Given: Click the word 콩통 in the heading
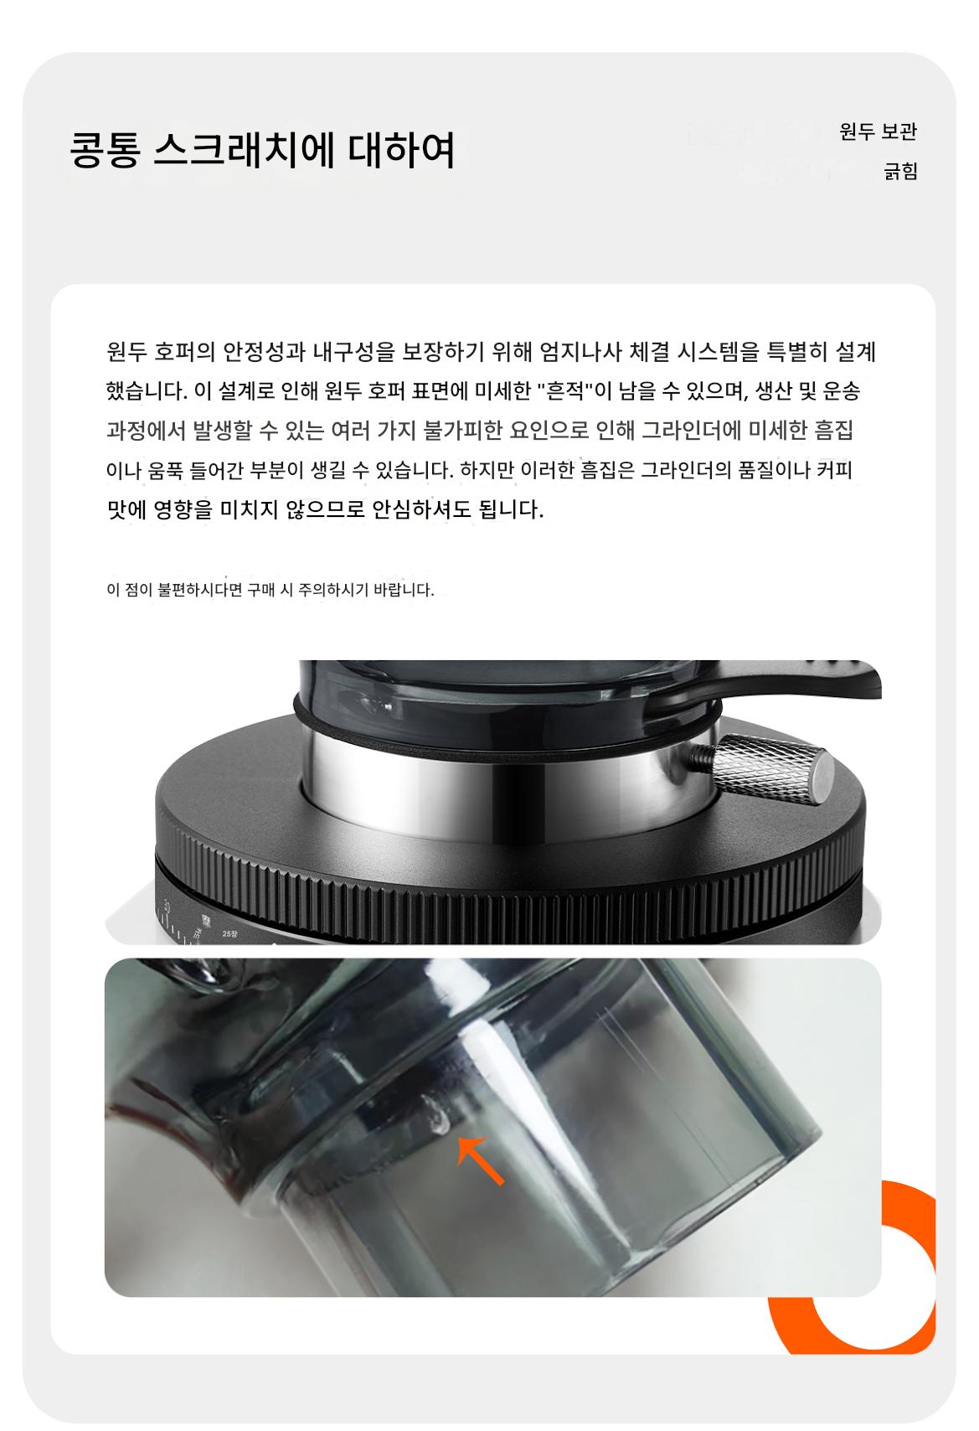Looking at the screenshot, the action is (106, 150).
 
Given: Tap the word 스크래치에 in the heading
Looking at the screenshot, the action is (245, 150).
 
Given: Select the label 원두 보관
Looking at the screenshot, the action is (879, 132).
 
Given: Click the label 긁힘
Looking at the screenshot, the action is (900, 171).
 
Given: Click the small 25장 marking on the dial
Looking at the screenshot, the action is (229, 934).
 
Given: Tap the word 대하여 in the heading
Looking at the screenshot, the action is (401, 150).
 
